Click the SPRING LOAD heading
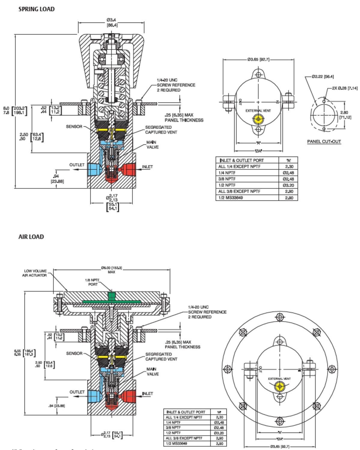(37, 9)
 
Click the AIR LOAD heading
(31, 237)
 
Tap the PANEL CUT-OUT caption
(324, 142)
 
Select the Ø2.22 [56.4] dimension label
(322, 77)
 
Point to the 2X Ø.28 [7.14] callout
(344, 88)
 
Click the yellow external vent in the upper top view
(258, 119)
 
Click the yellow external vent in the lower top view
(280, 386)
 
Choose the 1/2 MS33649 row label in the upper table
(231, 198)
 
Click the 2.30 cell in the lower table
(219, 417)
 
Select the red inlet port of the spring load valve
(127, 170)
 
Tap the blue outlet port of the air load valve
(94, 397)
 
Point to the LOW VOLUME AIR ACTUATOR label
(35, 273)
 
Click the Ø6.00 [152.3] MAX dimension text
(111, 270)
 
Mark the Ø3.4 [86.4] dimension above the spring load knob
(111, 22)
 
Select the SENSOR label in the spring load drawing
(74, 127)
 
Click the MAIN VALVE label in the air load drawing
(153, 372)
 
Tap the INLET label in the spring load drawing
(147, 167)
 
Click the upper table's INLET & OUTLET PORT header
(242, 160)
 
